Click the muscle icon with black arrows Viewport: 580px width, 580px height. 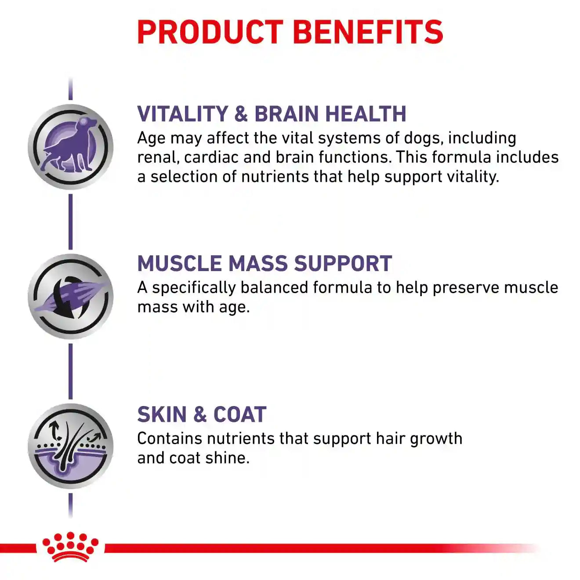click(x=70, y=297)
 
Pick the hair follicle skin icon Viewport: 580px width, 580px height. click(x=70, y=446)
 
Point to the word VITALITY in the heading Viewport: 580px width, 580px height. click(x=182, y=114)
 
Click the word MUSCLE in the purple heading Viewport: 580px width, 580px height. click(x=180, y=263)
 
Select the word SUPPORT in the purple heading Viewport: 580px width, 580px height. click(x=343, y=263)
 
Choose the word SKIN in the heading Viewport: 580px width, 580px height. click(x=162, y=414)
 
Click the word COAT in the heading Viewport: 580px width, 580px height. click(x=240, y=414)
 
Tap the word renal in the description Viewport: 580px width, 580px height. click(x=158, y=158)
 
